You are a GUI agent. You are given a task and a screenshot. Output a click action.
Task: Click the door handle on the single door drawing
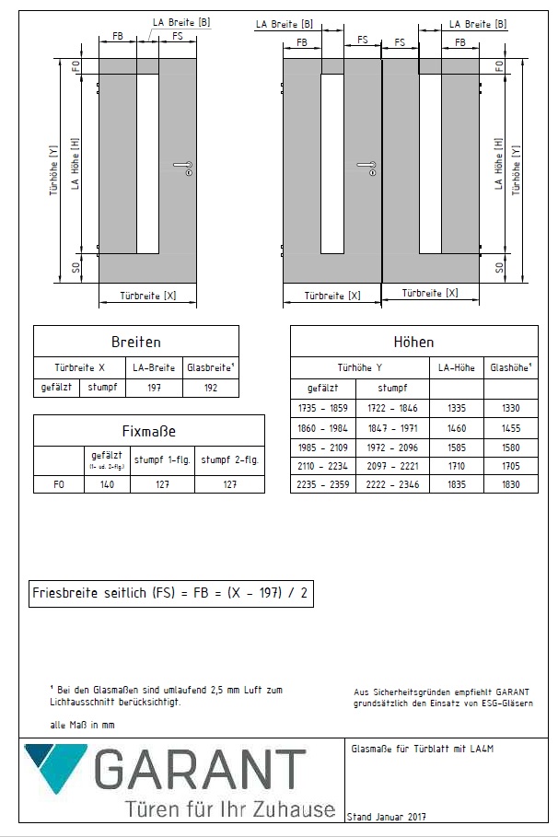pos(182,167)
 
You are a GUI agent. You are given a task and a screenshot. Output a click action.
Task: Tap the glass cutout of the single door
pos(147,163)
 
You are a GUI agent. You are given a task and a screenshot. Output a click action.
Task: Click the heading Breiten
pos(135,342)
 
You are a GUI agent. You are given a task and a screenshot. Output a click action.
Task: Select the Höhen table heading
pos(413,343)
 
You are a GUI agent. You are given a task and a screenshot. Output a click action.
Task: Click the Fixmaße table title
pos(148,430)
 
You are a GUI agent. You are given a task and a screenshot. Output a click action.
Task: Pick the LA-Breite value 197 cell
pos(154,388)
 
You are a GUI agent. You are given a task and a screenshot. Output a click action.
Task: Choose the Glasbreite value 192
pos(211,388)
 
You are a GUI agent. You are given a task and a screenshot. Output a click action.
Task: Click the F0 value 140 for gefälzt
pos(107,483)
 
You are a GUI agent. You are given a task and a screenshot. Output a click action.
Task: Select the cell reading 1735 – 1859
pos(323,407)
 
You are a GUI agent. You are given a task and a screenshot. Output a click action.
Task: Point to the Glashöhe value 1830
pos(511,484)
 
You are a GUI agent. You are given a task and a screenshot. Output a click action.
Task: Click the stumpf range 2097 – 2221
pos(392,467)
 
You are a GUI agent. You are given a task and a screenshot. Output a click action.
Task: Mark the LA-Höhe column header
pos(457,366)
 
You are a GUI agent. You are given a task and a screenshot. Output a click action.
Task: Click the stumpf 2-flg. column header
pos(229,459)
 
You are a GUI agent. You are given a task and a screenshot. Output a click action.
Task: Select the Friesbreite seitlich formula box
pos(170,594)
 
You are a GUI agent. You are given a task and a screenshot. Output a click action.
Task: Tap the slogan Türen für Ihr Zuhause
pos(230,809)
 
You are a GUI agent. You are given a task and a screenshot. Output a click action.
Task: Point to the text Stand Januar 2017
pos(387,817)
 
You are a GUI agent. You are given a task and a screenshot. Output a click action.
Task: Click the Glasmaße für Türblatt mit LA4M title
pos(423,750)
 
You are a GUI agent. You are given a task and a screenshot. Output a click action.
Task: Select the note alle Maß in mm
pos(82,726)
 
